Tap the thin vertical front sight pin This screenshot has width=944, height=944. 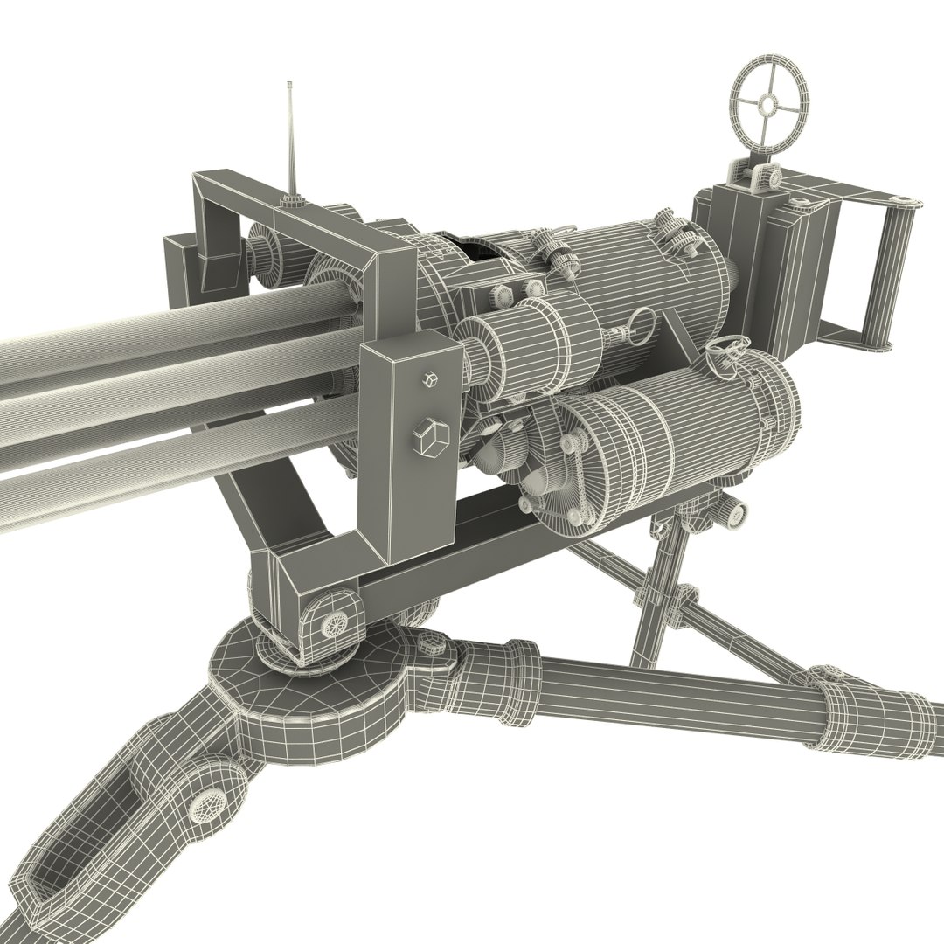[x=290, y=140]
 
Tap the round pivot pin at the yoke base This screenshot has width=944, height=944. [x=334, y=622]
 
